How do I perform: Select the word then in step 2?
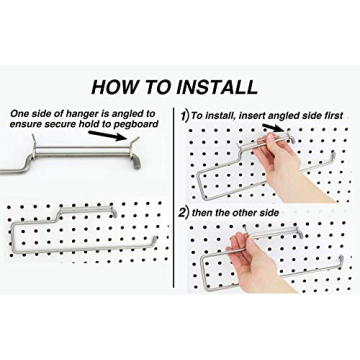coord(214,213)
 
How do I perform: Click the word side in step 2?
coord(295,213)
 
